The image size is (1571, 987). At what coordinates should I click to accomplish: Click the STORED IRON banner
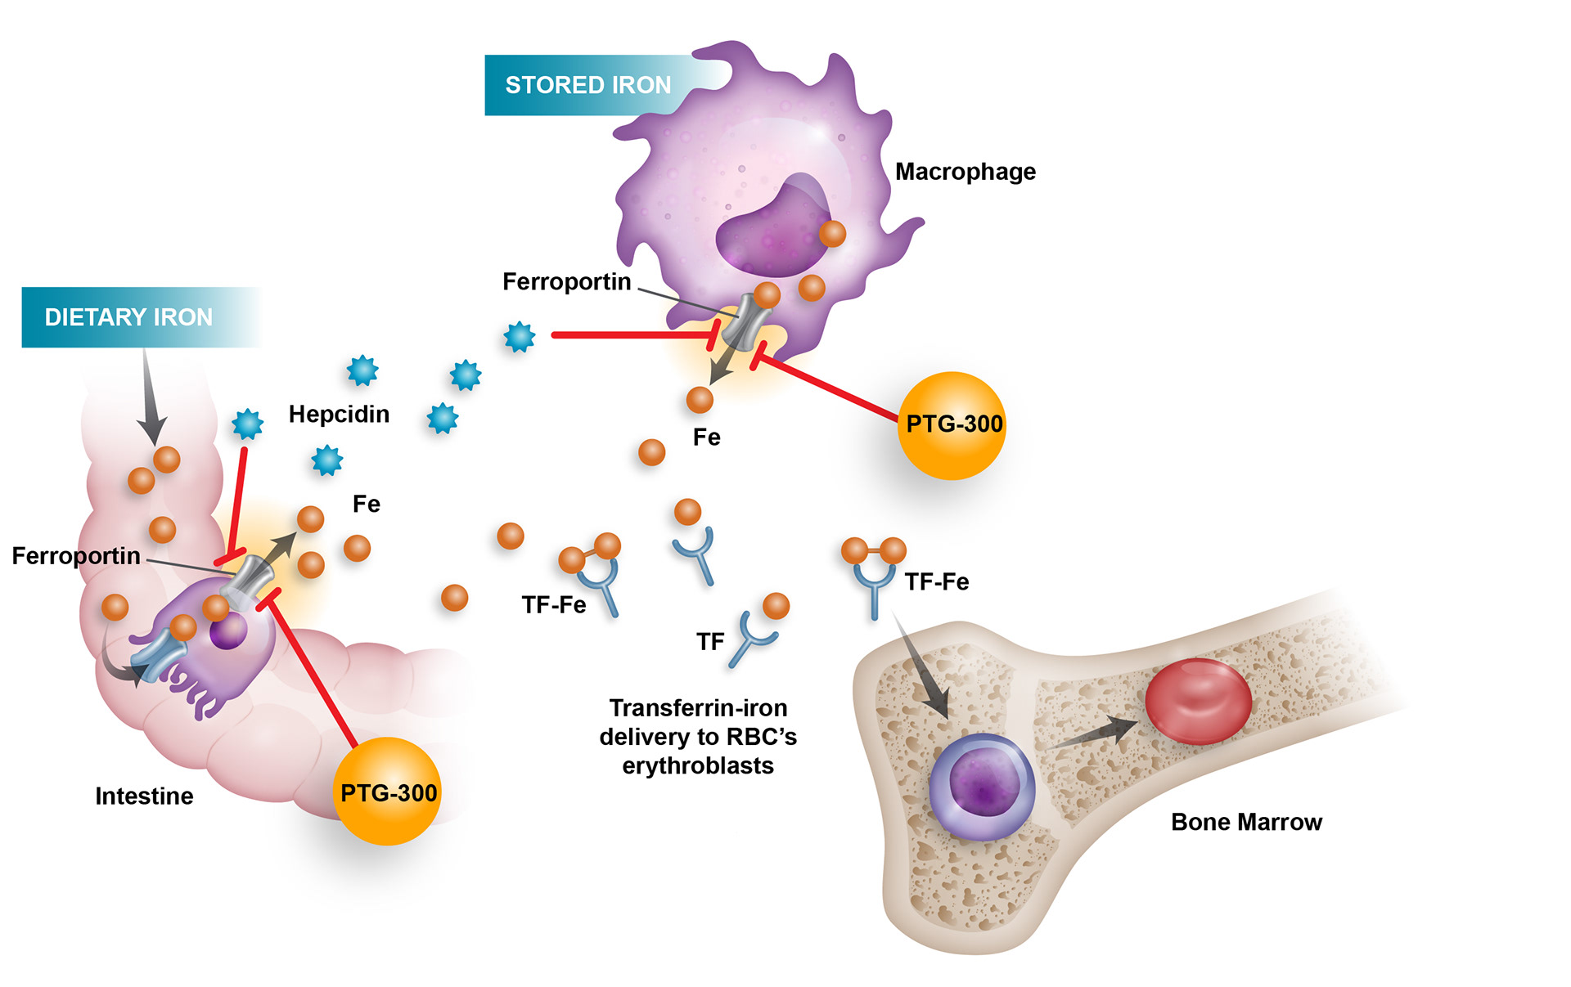click(x=587, y=85)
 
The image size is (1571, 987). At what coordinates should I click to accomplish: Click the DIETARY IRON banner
click(x=128, y=317)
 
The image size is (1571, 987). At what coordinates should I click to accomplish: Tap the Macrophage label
click(x=965, y=172)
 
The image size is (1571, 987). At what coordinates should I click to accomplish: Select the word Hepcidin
click(x=339, y=414)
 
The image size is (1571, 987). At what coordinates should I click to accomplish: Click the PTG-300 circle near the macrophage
click(x=952, y=425)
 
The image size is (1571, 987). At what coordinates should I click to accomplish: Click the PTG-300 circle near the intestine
click(x=388, y=792)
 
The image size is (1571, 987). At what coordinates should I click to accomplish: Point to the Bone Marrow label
click(x=1245, y=822)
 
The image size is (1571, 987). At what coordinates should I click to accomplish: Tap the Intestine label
click(x=144, y=796)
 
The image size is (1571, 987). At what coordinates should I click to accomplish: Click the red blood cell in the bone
click(x=1198, y=701)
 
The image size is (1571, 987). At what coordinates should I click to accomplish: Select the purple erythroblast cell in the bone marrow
click(x=982, y=787)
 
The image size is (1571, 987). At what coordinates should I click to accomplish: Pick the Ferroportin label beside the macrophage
click(x=566, y=282)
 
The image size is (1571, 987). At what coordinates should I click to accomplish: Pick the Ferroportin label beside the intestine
click(x=76, y=556)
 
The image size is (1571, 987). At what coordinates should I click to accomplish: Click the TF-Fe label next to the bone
click(x=937, y=582)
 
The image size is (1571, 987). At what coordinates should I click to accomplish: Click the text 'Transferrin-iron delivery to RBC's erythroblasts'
click(x=698, y=736)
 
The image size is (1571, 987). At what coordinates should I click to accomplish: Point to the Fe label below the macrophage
click(x=707, y=437)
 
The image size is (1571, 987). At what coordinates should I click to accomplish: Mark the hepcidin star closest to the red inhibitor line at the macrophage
click(x=519, y=336)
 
